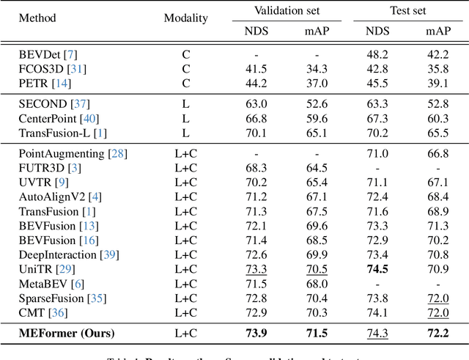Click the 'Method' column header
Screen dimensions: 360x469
37,18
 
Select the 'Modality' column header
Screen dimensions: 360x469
185,18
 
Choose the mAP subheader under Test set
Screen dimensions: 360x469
438,32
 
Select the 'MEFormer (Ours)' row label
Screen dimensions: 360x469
67,334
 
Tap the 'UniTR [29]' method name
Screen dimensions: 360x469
45,269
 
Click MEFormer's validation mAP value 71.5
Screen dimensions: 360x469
317,334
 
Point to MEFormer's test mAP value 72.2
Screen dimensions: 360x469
437,334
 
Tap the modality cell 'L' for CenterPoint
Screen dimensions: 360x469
185,118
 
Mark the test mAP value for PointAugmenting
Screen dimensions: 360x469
437,153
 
